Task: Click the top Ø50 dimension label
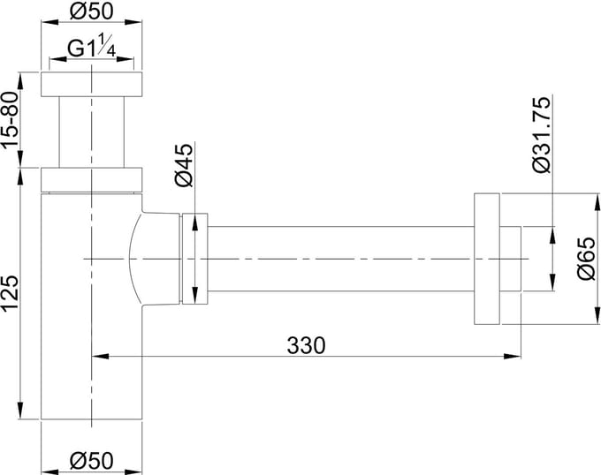(92, 11)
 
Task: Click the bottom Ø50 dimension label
(92, 461)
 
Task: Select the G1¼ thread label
(91, 46)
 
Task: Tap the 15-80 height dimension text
(10, 120)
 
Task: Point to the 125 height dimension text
(10, 294)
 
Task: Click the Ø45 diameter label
(184, 165)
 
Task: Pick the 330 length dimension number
(307, 345)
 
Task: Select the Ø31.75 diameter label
(542, 135)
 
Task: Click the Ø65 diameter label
(587, 259)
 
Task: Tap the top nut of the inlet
(92, 84)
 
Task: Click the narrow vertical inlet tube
(92, 132)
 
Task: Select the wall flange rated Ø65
(487, 259)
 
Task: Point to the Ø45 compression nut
(194, 259)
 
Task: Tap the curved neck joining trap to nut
(153, 259)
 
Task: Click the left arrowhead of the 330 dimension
(101, 357)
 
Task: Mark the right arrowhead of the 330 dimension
(513, 357)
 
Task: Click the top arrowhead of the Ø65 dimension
(597, 202)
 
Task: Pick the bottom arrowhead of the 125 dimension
(21, 411)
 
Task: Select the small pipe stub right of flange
(511, 259)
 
